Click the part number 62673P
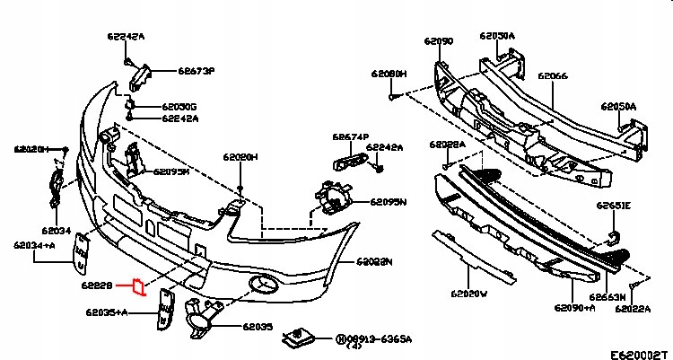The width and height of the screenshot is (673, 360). tap(197, 69)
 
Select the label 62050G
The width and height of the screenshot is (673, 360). tap(180, 107)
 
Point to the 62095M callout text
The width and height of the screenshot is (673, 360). tap(171, 171)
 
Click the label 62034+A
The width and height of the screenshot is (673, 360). tap(33, 244)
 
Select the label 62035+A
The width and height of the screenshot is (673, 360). tap(107, 312)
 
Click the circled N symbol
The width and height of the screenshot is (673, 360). tap(341, 339)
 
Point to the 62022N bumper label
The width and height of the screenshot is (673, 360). tap(375, 262)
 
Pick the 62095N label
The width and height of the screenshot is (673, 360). tap(389, 202)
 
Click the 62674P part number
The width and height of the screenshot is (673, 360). tap(351, 137)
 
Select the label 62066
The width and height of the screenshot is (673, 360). tap(553, 77)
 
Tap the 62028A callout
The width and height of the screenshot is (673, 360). tap(447, 144)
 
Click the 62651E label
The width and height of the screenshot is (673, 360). tap(615, 206)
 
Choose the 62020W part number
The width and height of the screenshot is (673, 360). tap(468, 293)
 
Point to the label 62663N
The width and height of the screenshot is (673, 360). tap(607, 295)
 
